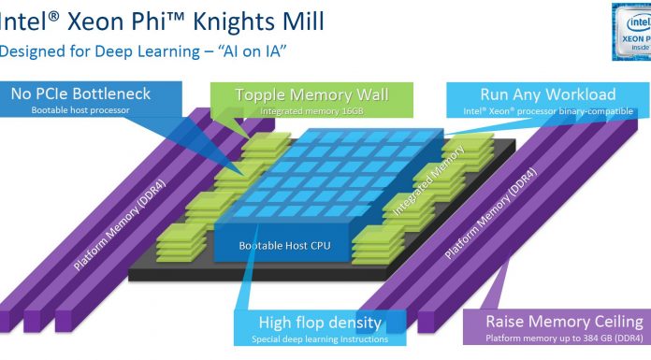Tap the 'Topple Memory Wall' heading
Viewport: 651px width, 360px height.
click(311, 94)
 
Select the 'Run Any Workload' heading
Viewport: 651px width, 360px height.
click(547, 94)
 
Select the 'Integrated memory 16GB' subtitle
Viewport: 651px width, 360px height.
click(311, 111)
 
